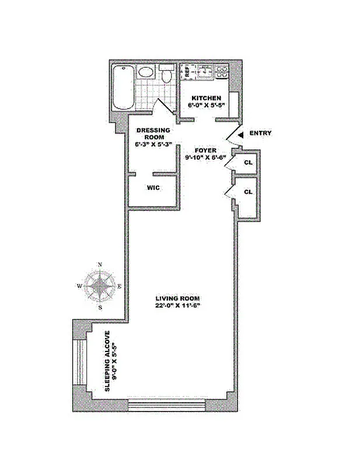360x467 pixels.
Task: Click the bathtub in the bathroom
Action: (124, 88)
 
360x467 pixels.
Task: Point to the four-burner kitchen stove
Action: (222, 72)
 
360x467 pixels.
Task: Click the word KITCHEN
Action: (204, 98)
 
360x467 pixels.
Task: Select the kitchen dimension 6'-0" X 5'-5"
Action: (204, 106)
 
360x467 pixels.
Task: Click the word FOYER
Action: (206, 150)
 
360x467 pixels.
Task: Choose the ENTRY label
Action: (260, 133)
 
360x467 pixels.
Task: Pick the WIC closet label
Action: (153, 188)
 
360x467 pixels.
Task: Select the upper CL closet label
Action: (248, 162)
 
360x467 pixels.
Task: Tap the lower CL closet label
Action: (248, 191)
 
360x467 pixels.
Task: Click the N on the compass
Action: (100, 264)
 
